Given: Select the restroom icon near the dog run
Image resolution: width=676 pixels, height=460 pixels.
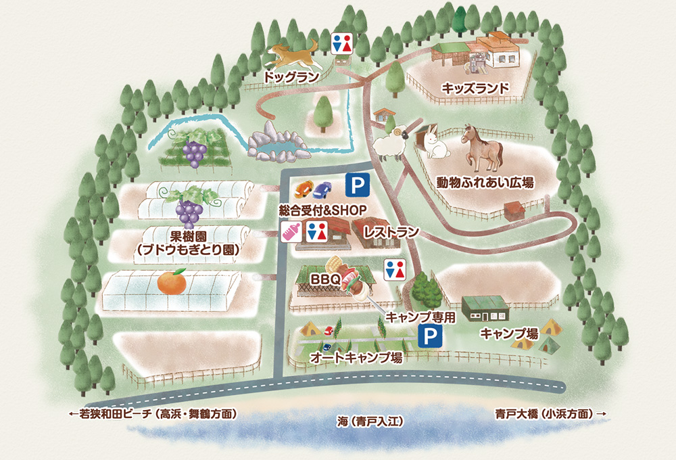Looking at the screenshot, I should point(343,43).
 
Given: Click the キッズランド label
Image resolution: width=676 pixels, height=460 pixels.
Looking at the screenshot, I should point(475,88).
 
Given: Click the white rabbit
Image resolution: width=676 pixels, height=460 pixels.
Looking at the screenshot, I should point(435,143).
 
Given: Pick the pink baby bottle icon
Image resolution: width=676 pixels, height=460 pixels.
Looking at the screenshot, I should point(291,231).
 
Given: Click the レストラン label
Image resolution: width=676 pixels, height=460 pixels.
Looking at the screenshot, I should point(391,231).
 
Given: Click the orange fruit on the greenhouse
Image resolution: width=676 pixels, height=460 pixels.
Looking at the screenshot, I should point(172,281).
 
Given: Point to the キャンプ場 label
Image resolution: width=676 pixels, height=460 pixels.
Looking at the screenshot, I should point(509,333).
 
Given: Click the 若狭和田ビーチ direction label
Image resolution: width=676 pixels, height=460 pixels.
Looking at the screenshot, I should point(155,412).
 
